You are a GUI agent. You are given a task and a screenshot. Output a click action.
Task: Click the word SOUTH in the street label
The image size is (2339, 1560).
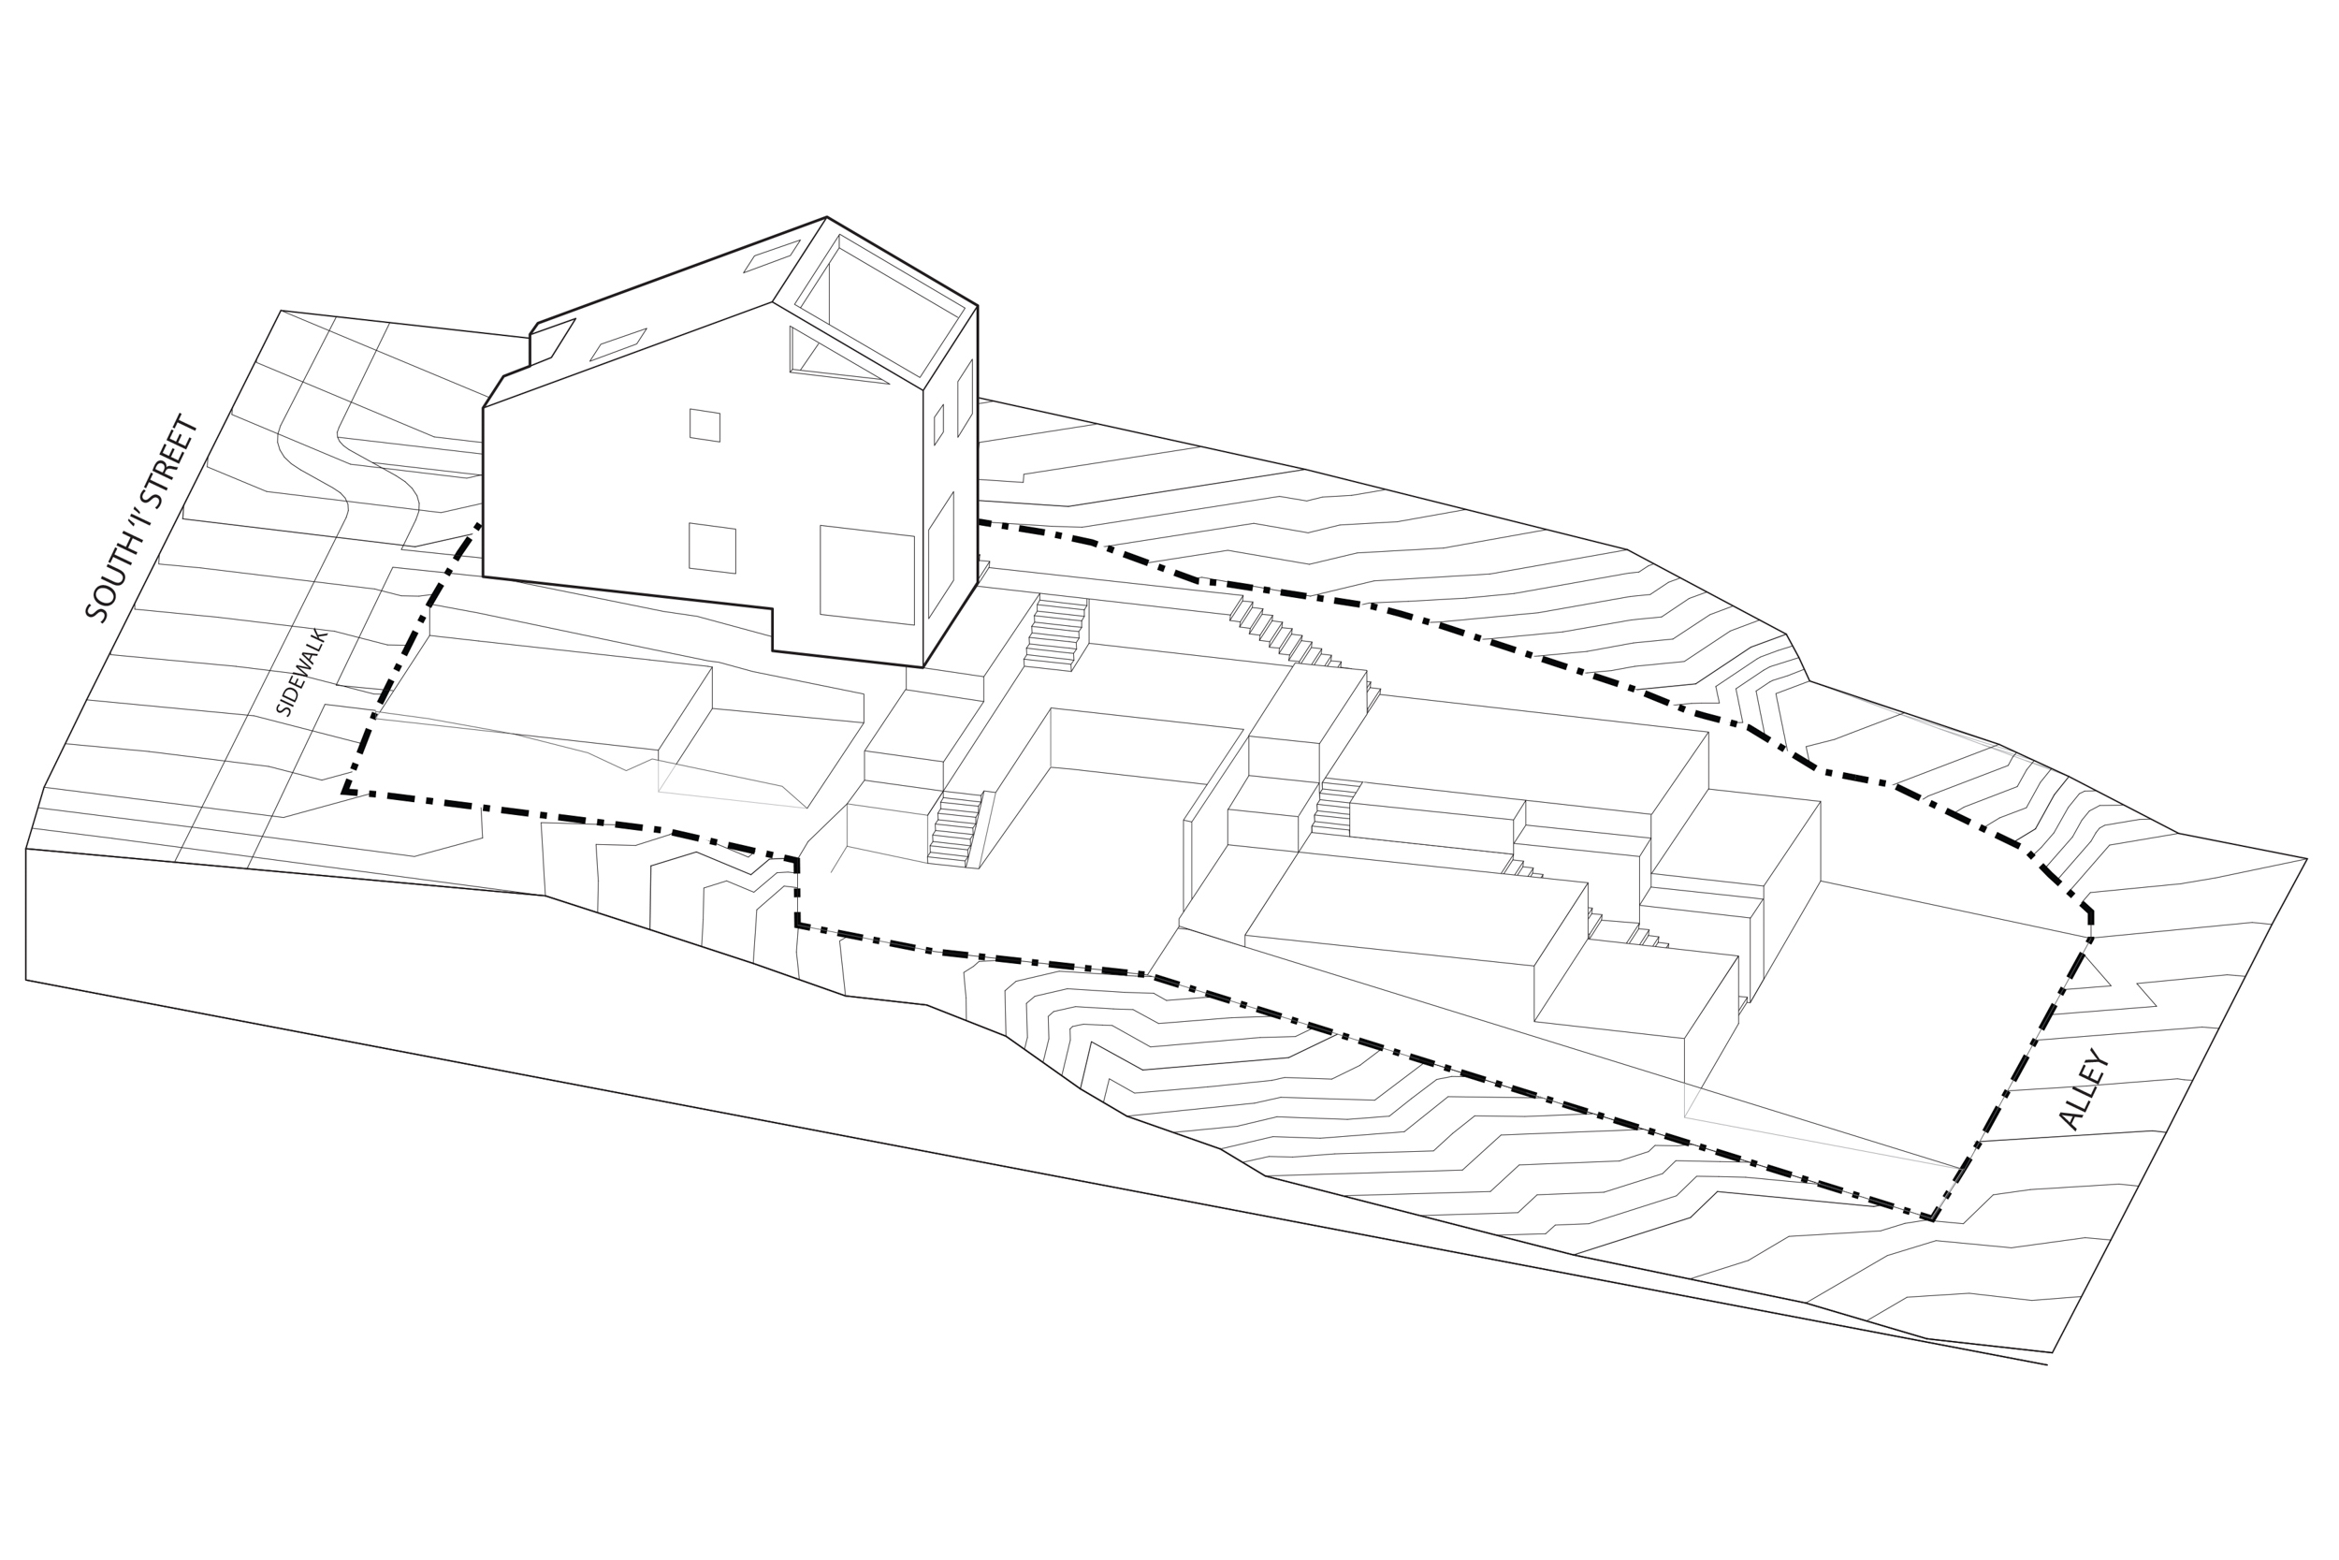[109, 580]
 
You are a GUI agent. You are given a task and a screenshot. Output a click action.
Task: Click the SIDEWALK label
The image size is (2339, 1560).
[300, 673]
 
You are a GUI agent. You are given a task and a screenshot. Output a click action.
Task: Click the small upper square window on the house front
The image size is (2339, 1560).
[705, 425]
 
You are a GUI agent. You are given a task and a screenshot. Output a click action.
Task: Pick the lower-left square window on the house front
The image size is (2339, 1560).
[712, 548]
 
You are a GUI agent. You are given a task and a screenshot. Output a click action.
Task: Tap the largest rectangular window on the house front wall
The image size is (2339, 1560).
[866, 575]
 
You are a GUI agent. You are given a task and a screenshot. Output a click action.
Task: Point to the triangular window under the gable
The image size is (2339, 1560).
[825, 358]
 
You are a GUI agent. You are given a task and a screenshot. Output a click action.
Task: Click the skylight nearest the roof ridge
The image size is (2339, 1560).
[771, 255]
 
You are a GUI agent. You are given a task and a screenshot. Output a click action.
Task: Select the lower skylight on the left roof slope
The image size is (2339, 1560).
[617, 344]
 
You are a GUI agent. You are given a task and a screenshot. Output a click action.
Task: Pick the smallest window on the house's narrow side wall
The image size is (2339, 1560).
[937, 425]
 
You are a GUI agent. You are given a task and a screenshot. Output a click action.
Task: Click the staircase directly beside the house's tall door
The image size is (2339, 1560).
[1056, 634]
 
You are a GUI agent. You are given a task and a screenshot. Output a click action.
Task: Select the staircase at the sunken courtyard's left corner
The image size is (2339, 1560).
[952, 829]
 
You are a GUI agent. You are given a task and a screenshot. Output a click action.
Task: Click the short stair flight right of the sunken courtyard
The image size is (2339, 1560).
[1334, 807]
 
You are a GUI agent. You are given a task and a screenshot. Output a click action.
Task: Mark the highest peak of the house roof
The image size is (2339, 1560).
[825, 218]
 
